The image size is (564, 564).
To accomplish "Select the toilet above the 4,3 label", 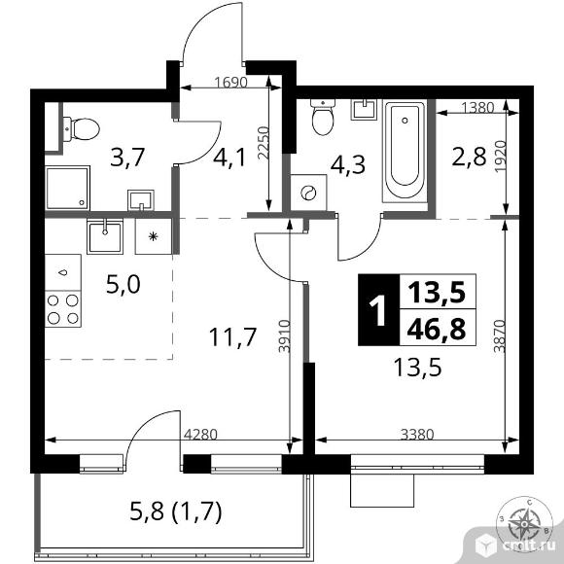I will [x=323, y=121].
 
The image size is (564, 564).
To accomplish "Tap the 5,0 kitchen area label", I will [x=123, y=284].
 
